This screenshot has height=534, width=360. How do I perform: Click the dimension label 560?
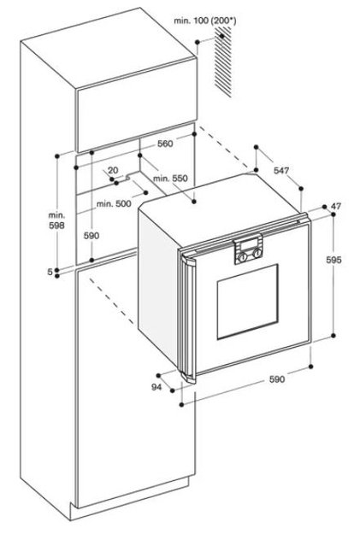coord(165,144)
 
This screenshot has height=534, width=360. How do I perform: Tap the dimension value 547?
coord(281,170)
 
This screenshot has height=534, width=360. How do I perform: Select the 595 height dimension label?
coord(333,260)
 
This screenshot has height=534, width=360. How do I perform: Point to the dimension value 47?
coord(336,206)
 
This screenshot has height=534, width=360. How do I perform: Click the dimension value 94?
coord(156,387)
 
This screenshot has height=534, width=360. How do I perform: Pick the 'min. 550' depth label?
coord(170,178)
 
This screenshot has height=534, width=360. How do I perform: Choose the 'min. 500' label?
coord(114,203)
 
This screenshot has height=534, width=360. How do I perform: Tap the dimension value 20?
coord(113,170)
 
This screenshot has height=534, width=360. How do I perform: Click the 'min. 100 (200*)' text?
coord(205,21)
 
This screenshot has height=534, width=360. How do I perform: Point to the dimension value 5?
coord(50,272)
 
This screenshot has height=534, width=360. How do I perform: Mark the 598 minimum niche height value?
coord(56,225)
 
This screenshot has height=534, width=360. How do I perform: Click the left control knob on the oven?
coord(242,257)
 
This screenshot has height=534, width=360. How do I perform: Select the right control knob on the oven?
coord(257,253)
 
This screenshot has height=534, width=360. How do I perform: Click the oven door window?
coord(247,302)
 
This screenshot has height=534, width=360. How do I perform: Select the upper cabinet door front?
coord(137,105)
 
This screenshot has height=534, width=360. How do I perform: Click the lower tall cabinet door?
coord(135,379)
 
